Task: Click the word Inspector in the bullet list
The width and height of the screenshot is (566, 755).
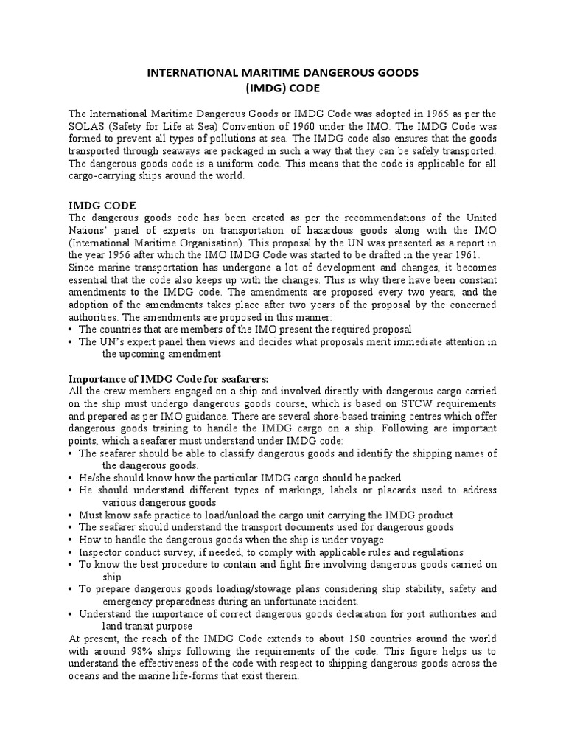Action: (103, 552)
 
